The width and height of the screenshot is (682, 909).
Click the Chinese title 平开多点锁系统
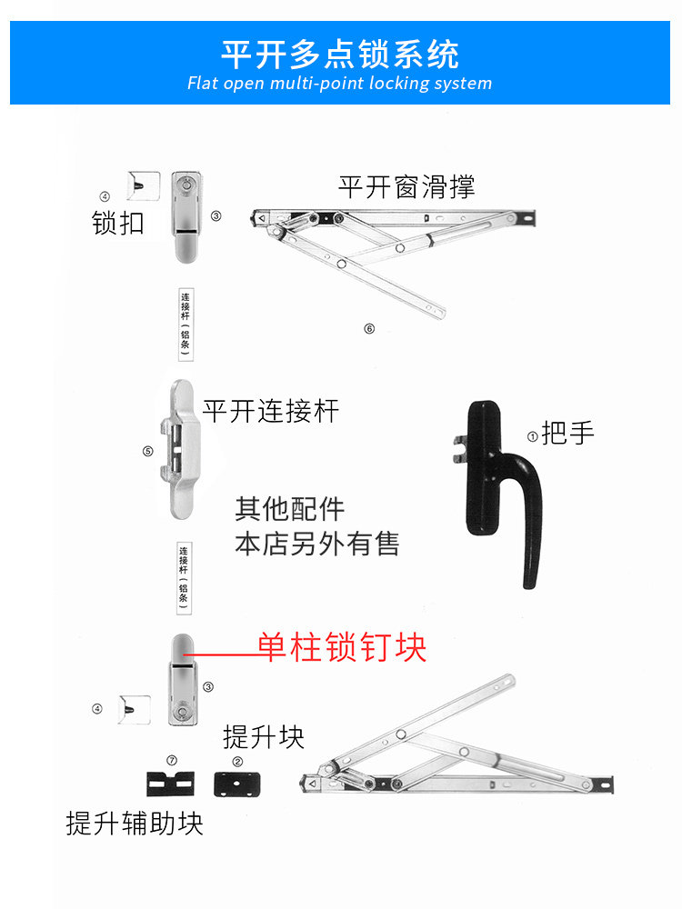click(x=340, y=53)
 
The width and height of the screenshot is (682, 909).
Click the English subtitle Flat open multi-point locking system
click(x=340, y=84)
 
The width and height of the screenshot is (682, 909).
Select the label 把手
click(x=567, y=434)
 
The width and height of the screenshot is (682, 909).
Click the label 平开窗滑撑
click(x=406, y=187)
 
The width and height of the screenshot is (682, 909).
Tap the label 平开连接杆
click(x=271, y=411)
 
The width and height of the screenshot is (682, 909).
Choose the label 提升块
click(x=264, y=736)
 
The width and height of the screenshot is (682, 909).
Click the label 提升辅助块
click(x=135, y=824)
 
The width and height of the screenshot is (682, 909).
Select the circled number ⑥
click(x=369, y=329)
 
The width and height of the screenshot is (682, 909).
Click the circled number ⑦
click(x=172, y=760)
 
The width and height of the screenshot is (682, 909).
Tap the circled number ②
click(x=237, y=761)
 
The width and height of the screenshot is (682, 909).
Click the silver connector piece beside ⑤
click(x=182, y=449)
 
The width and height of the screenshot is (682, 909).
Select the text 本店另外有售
click(x=317, y=544)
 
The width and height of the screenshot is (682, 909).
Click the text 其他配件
click(x=290, y=509)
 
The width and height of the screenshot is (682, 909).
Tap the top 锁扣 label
click(x=118, y=223)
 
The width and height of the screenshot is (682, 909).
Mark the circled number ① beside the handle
click(x=532, y=435)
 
